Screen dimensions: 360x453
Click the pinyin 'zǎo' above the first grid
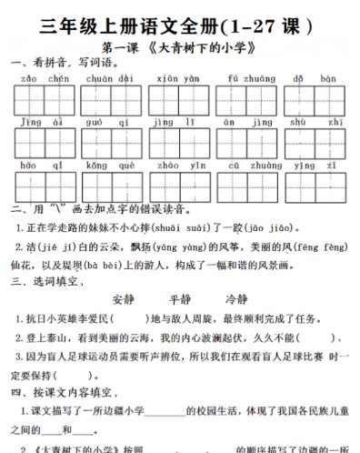tap(25, 79)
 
